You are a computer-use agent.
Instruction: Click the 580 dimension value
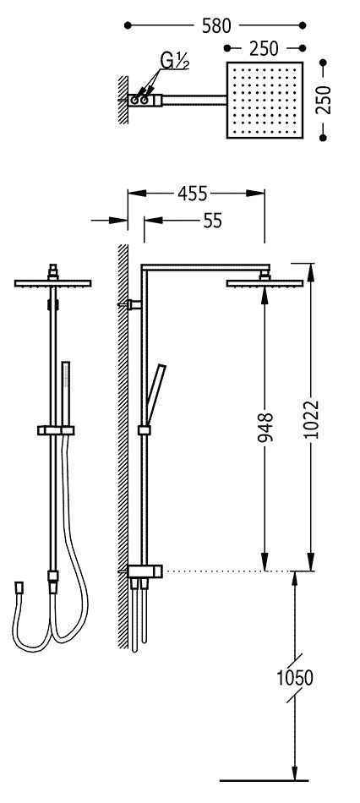[216, 25]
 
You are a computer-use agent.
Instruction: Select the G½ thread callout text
[175, 61]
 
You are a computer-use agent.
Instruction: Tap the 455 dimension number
[192, 194]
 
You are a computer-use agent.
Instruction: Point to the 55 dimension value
[212, 221]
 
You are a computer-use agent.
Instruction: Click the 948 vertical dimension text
[266, 427]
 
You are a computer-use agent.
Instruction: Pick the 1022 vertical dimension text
[311, 419]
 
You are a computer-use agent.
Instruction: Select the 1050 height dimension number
[294, 678]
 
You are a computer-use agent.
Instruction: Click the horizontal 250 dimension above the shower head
[264, 49]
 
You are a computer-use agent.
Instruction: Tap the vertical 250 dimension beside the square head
[324, 100]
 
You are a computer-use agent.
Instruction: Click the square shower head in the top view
[265, 100]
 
